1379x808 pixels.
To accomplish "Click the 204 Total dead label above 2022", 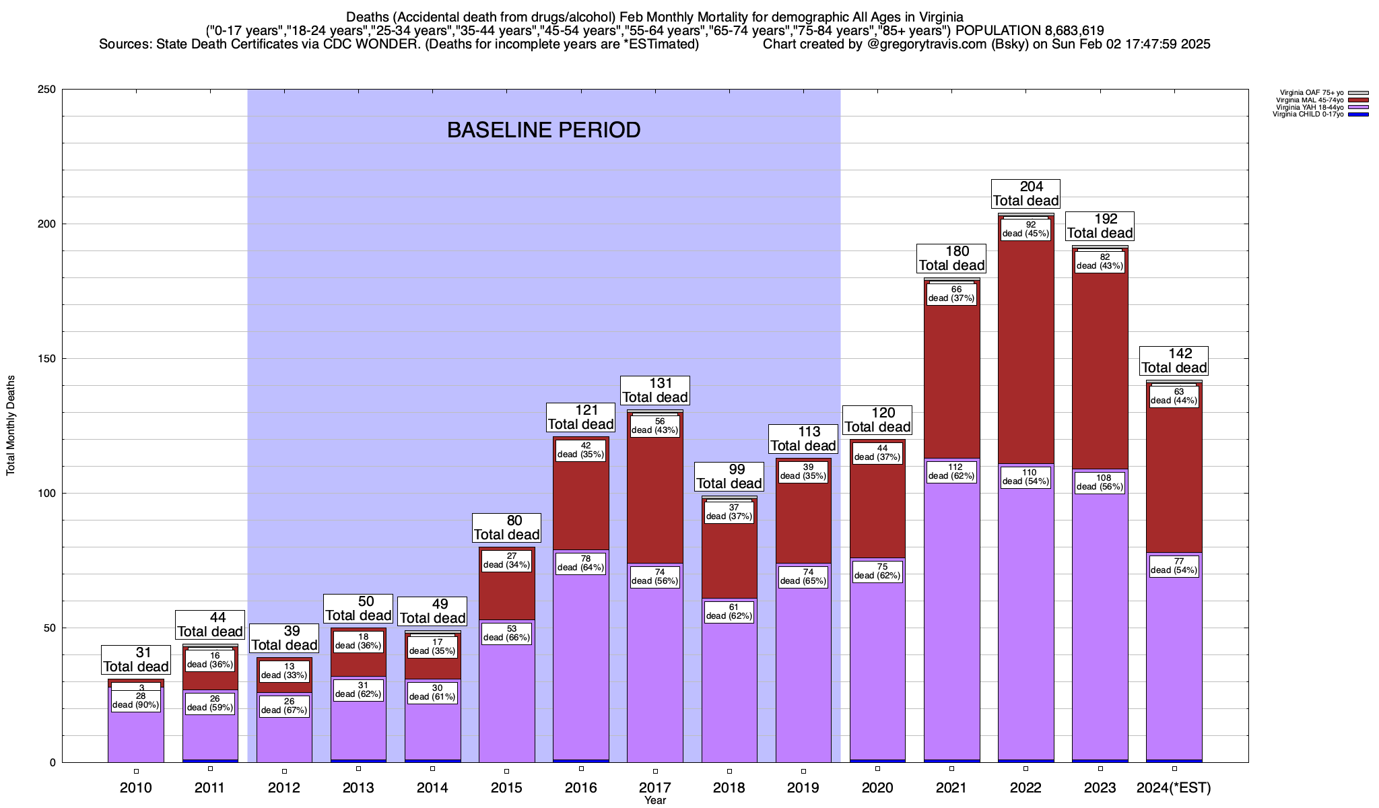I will pyautogui.click(x=1025, y=194).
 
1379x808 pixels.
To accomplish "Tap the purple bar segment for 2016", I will pyautogui.click(x=580, y=667).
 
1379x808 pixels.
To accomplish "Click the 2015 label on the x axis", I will pyautogui.click(x=506, y=788).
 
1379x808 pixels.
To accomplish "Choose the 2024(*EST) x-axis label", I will pyautogui.click(x=1174, y=788).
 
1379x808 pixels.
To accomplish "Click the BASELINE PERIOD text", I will pyautogui.click(x=543, y=130).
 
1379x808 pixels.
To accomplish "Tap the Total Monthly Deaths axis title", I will pyautogui.click(x=11, y=426).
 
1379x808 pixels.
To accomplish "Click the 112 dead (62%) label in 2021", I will pyautogui.click(x=951, y=471).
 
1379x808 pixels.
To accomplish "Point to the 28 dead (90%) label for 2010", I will pyautogui.click(x=136, y=701).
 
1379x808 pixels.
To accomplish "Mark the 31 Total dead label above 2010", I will pyautogui.click(x=136, y=660).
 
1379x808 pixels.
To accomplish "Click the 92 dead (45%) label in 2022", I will pyautogui.click(x=1025, y=230).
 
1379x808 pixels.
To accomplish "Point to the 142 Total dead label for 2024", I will pyautogui.click(x=1174, y=361).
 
